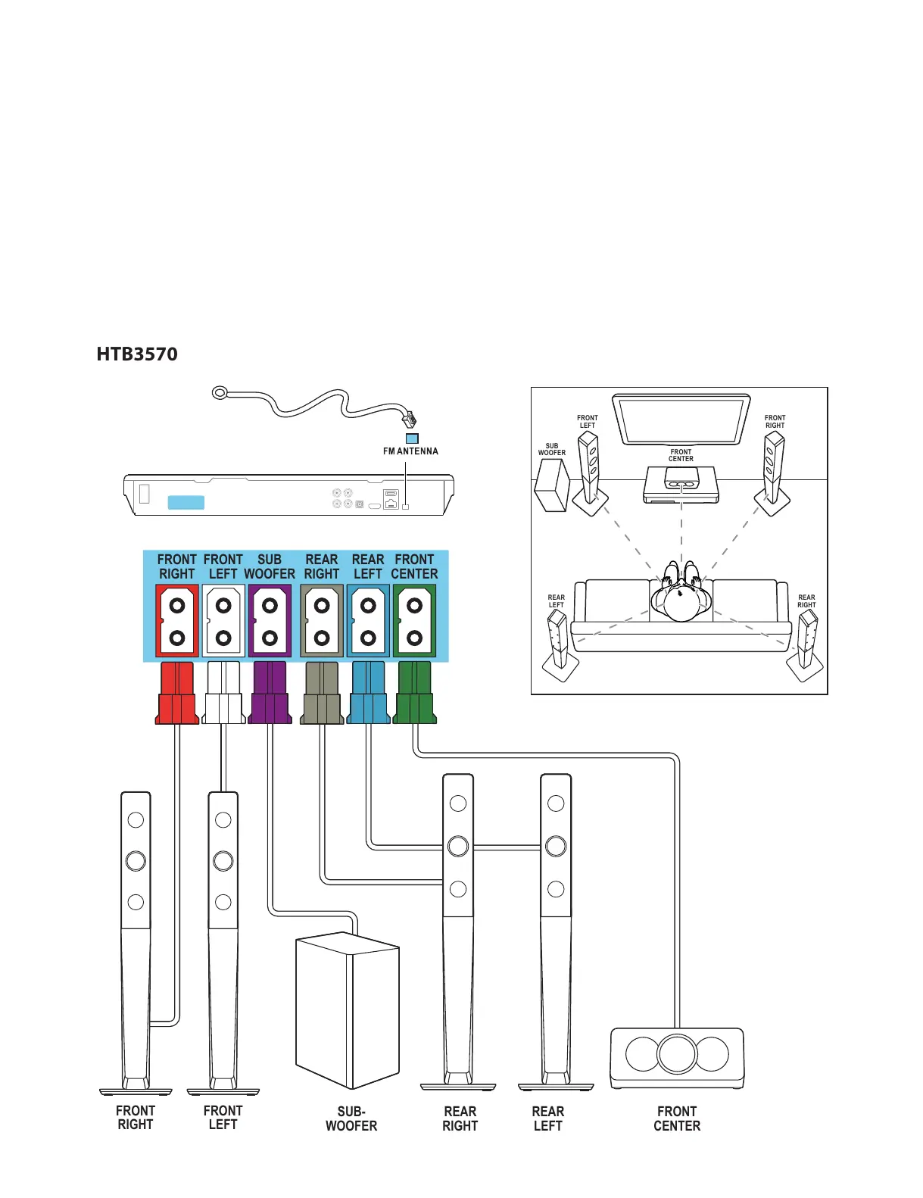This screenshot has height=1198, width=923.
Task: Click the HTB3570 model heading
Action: point(136,354)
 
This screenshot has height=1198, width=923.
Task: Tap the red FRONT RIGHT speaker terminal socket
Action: point(176,621)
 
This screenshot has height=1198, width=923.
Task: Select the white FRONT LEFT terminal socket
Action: point(223,621)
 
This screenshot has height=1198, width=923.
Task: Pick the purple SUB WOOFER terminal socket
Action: point(270,621)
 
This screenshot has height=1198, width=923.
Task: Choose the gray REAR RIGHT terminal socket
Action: point(322,621)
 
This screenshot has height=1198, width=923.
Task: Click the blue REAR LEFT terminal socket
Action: point(368,621)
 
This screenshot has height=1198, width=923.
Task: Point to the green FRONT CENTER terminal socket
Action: point(414,621)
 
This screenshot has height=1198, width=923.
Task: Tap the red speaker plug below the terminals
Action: point(176,693)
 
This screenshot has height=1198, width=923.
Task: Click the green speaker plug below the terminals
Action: point(414,693)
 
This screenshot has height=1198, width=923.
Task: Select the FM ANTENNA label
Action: point(410,451)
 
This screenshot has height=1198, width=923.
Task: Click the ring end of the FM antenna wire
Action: point(220,393)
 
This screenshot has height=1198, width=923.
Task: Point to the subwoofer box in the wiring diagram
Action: point(347,1010)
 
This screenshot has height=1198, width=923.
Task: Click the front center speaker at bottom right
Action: point(677,1059)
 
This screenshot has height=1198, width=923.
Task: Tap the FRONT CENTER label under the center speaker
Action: point(677,1118)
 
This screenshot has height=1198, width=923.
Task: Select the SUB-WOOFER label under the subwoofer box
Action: point(351,1118)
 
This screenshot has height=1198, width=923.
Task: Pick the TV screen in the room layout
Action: point(681,420)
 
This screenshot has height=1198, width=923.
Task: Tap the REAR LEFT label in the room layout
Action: point(556,601)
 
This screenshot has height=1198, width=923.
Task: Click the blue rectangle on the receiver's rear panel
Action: point(186,502)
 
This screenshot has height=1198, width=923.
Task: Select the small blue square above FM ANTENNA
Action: point(412,438)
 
